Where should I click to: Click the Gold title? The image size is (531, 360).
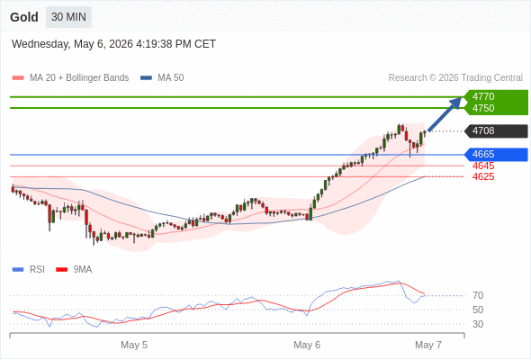pos(24,17)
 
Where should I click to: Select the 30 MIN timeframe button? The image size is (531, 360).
pos(68,17)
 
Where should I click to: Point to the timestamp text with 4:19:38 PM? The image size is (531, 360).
pos(113,44)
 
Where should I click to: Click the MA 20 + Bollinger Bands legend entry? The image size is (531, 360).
pos(70,78)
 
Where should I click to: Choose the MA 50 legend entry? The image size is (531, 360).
pos(162,78)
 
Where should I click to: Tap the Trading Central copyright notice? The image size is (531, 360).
pos(455,78)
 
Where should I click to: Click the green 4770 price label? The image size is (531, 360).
pos(483,96)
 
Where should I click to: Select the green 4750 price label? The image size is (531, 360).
pos(483,108)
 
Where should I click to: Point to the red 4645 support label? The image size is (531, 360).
pos(483,166)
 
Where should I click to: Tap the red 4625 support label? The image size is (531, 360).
pos(483,176)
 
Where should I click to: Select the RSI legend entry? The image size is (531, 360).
pos(29,270)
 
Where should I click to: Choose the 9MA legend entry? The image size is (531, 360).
pos(74,270)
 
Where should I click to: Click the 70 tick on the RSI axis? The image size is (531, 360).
pos(478,296)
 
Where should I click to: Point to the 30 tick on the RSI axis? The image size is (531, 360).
pos(478,324)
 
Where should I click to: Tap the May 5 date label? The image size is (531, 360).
pos(134,345)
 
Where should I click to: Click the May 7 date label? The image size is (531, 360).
pos(428,345)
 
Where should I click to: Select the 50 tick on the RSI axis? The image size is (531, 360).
pos(478,310)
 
